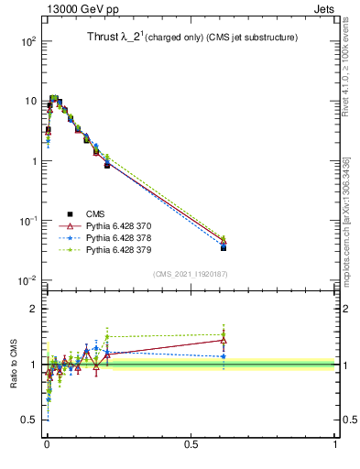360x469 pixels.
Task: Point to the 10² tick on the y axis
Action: (x=27, y=42)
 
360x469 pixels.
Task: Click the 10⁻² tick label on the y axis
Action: (x=27, y=280)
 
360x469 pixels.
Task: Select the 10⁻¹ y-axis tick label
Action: (x=27, y=221)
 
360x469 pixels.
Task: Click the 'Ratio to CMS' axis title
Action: (x=14, y=365)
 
